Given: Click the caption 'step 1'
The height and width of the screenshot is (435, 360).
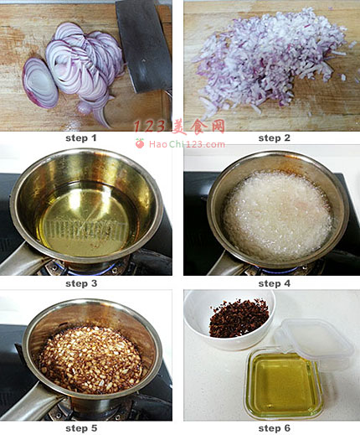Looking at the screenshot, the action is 81,138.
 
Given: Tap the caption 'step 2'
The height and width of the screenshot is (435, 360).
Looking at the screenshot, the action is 275,138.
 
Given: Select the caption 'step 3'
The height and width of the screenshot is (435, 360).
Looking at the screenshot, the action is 81,283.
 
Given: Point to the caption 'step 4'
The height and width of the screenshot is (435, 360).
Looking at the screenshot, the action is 275,283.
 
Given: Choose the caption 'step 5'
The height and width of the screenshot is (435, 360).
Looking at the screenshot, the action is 81,428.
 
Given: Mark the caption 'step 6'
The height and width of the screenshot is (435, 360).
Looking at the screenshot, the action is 275,428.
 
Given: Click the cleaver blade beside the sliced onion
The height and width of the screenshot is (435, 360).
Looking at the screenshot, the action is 144,44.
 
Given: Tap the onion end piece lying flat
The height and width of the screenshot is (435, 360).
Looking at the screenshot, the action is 40,83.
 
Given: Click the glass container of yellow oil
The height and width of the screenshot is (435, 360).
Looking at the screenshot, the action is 282,384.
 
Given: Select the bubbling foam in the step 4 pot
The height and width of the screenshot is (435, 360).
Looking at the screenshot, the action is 277,215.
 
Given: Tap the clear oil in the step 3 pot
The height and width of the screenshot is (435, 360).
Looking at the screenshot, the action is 85,220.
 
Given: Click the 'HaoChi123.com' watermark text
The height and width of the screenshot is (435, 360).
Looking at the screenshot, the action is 187,144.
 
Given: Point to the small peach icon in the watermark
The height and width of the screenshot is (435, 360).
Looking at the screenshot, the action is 140,143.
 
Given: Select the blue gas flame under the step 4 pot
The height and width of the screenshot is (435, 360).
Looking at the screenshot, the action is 279,271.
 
